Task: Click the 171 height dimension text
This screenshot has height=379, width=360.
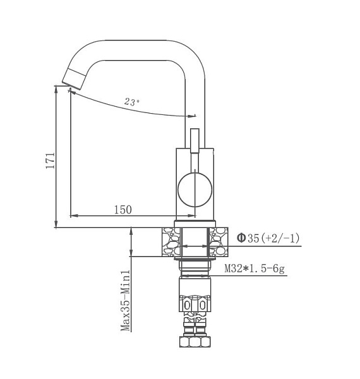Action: [51, 159]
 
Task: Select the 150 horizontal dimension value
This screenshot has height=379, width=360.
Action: [123, 210]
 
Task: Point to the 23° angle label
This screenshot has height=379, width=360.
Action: [132, 101]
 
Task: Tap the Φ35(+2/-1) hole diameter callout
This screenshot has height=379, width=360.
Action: [268, 238]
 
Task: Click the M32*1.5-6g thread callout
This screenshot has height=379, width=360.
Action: [255, 269]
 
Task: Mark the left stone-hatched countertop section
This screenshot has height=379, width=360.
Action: [169, 243]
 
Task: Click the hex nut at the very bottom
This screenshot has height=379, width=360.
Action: [195, 342]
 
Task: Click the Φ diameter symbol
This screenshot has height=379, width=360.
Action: [241, 238]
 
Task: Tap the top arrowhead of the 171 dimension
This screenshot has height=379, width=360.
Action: [57, 90]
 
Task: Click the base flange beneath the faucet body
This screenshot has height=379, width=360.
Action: [195, 222]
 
